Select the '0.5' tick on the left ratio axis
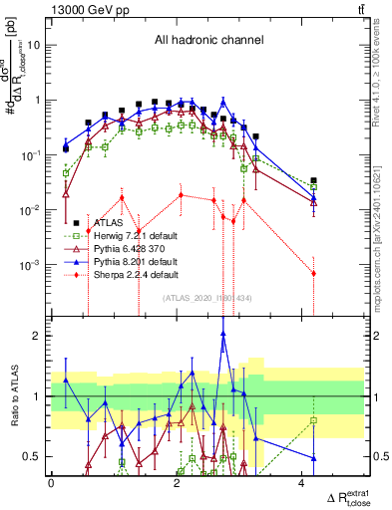(34, 457)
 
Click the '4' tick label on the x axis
(302, 483)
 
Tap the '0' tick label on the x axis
(51, 483)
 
